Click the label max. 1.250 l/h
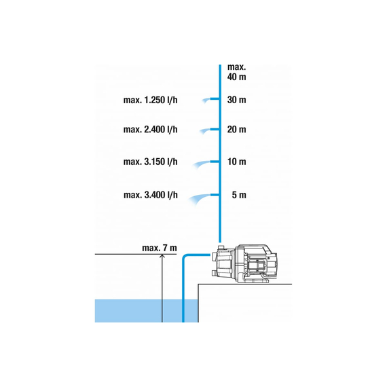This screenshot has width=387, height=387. coord(150,100)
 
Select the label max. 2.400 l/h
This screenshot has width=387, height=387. coord(150,130)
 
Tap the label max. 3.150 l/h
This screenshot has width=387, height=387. coord(150,162)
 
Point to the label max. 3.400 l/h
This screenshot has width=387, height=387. coord(151,195)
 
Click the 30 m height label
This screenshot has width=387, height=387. coord(237,100)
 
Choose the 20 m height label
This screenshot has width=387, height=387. coord(237,130)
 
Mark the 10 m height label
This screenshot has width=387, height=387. coord(237,162)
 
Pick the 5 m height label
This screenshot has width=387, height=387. coord(239,195)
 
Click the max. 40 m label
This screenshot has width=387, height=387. coord(237,72)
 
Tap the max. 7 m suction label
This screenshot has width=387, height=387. coord(160,248)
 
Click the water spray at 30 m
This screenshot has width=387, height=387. coord(206,100)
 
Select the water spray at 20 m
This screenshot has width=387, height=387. coord(204,131)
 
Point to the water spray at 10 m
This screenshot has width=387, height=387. coord(201,164)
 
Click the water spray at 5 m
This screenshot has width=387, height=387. coord(199,198)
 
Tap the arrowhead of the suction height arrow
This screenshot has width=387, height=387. coord(162,256)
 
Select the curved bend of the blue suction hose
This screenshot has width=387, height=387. coord(185,257)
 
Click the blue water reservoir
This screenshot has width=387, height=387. coord(147,311)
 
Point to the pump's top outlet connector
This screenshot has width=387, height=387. coord(221,247)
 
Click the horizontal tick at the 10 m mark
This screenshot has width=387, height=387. coord(215,162)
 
